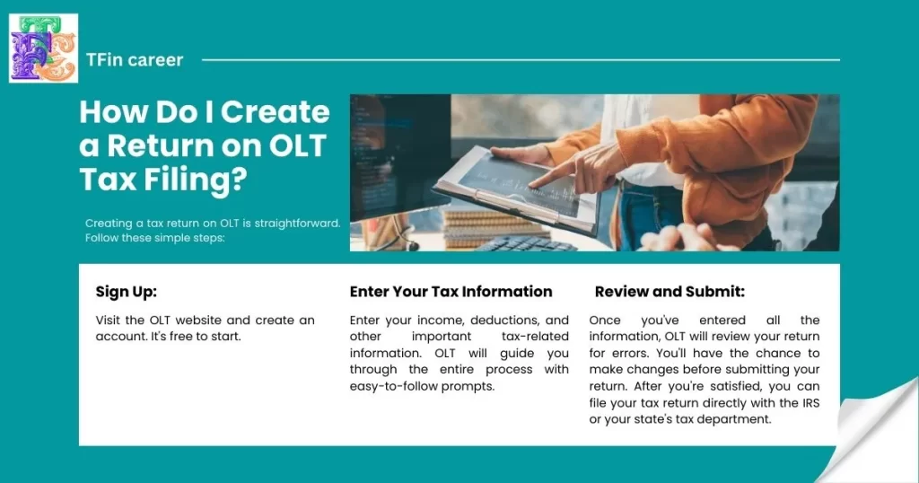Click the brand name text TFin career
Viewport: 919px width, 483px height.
135,60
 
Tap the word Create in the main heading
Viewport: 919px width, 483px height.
276,112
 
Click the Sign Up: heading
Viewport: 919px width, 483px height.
126,292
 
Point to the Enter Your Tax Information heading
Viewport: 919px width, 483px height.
451,292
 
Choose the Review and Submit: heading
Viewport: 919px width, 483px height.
670,292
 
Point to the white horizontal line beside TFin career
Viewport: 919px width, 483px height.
521,60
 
